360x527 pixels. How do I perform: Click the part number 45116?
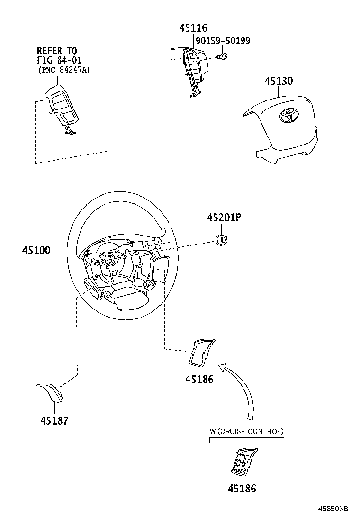coord(193,28)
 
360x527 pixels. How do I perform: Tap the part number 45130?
coord(278,81)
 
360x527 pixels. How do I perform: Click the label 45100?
coord(36,250)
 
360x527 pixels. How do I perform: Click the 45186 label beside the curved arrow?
coord(199,379)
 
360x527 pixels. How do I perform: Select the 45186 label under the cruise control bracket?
coord(242,489)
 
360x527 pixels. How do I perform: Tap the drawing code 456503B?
coord(333,509)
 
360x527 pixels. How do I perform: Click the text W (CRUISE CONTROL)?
coord(247,432)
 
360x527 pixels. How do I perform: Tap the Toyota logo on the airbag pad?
coord(287,115)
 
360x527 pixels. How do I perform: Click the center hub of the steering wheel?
coord(110,259)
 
